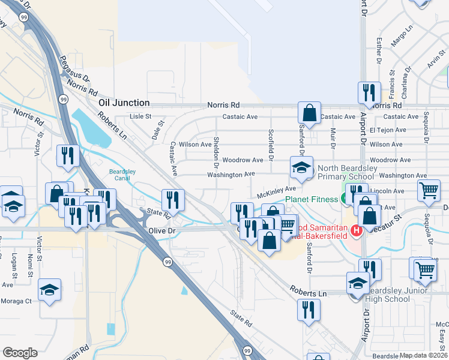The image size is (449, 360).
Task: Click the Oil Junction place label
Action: click(x=122, y=103)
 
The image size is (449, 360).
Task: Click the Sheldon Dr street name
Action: click(x=215, y=148)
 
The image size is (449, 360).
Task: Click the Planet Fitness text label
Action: click(x=312, y=199)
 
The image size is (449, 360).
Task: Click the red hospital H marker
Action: click(x=356, y=230)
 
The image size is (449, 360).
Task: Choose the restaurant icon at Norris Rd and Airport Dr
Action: click(x=369, y=92)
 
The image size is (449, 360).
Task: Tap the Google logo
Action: click(x=20, y=353)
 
